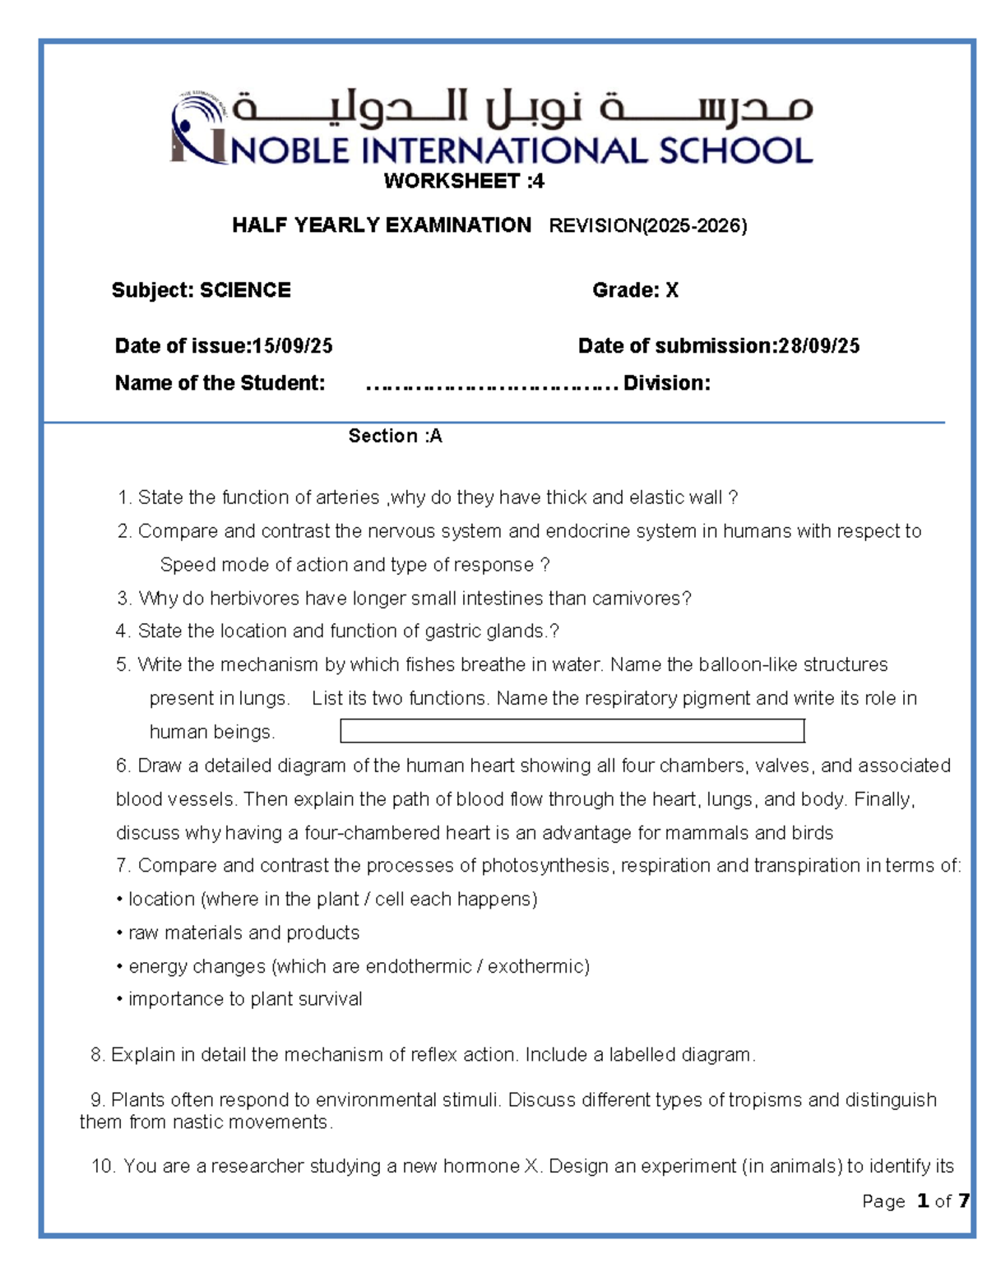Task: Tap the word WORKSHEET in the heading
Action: pos(452,181)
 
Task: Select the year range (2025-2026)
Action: pos(694,226)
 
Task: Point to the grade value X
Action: pos(672,290)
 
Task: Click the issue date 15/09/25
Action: pos(292,346)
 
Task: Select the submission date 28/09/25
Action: pos(818,346)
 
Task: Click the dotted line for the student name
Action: pos(491,384)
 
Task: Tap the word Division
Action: pos(666,384)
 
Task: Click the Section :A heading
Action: pos(395,436)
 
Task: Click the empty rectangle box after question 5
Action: pos(572,731)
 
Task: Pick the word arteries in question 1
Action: pos(348,497)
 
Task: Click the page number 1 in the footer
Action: pos(923,1201)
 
